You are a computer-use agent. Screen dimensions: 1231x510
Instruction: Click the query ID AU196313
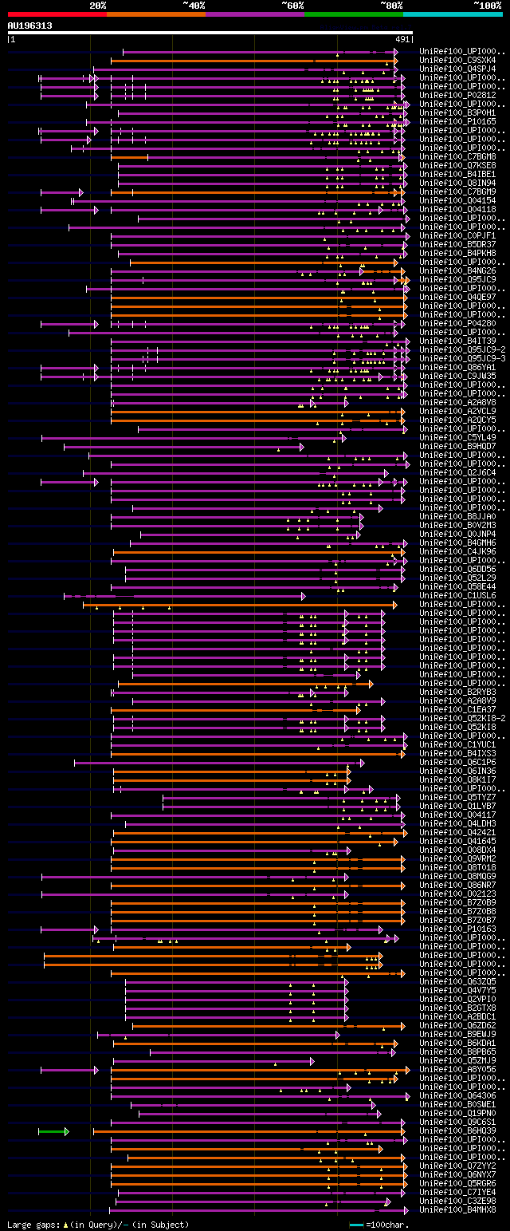click(29, 26)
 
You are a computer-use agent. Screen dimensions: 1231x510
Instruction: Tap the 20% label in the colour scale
click(98, 6)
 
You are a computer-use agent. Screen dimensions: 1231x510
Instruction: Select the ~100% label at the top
click(487, 6)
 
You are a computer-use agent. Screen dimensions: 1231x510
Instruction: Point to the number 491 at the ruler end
click(402, 39)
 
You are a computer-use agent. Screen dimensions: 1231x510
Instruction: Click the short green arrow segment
click(53, 1131)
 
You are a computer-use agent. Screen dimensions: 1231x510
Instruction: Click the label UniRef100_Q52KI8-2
click(462, 718)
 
